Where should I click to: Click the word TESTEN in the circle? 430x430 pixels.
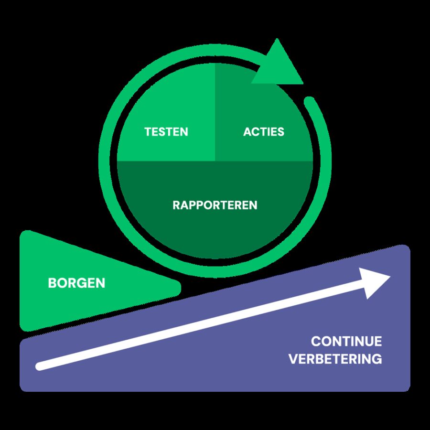(x=166, y=132)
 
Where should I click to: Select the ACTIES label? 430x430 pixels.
(x=264, y=132)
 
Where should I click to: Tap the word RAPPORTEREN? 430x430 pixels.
(x=215, y=205)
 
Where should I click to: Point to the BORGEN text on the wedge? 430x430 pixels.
(x=76, y=283)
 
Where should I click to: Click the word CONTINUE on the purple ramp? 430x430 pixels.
(x=346, y=342)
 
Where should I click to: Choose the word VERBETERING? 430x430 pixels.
(x=335, y=359)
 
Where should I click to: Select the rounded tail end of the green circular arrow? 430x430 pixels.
(x=310, y=101)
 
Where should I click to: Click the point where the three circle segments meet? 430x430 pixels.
(x=215, y=161)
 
